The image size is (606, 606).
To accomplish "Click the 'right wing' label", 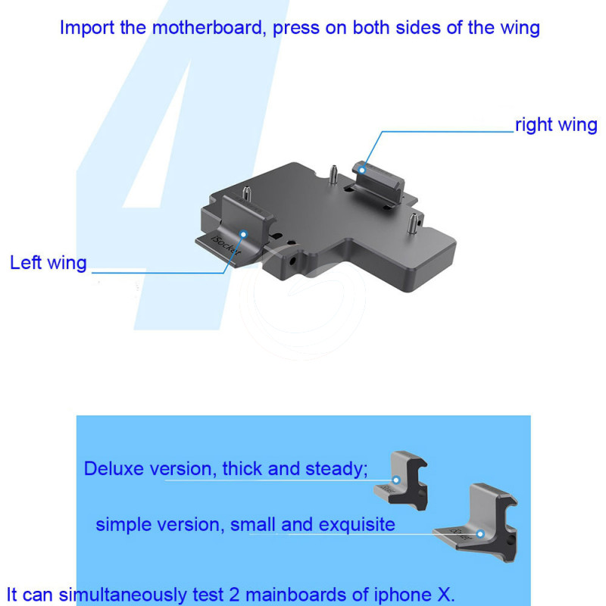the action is (x=556, y=125).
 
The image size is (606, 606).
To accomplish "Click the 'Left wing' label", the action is (x=48, y=263).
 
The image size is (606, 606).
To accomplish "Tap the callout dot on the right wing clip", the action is (x=362, y=170).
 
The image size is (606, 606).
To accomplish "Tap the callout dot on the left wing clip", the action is (x=243, y=234).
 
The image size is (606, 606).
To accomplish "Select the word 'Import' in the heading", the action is (x=87, y=29).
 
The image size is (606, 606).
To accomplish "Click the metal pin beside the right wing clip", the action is (x=333, y=174).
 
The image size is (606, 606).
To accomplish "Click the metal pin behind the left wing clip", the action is (x=246, y=194).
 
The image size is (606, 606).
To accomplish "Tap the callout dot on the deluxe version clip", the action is (x=396, y=480).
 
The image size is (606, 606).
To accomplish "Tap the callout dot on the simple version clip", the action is (x=480, y=534).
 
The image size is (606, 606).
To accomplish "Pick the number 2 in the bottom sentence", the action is (x=235, y=595).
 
